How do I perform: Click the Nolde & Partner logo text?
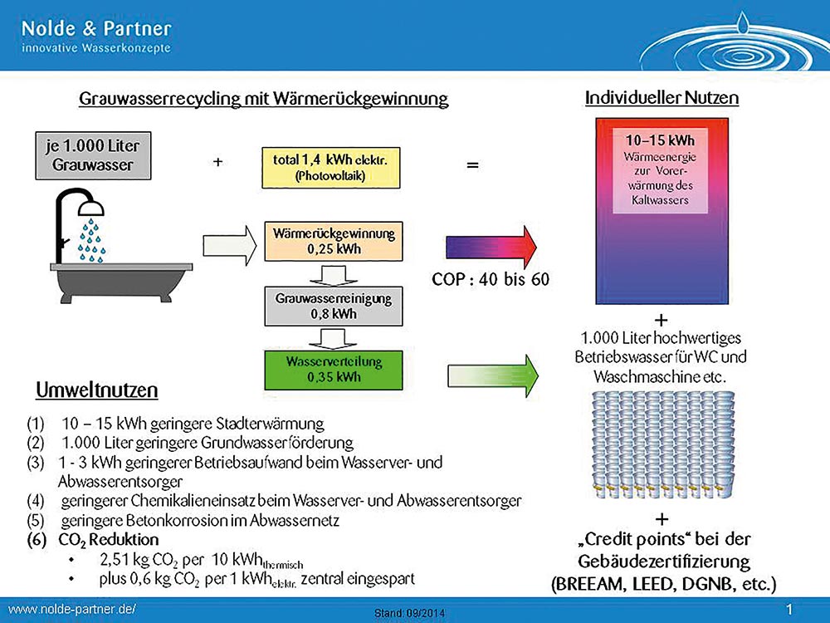pos(96,28)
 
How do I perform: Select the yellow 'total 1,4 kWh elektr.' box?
pos(331,168)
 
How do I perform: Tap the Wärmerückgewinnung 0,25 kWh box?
pos(334,241)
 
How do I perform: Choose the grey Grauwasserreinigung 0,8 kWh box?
pos(334,307)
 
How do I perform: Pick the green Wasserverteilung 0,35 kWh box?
pos(334,370)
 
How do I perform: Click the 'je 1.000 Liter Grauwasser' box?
pos(93,155)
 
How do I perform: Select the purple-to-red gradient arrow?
pos(491,247)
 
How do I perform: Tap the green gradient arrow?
pos(493,375)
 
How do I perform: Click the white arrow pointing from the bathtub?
pos(230,245)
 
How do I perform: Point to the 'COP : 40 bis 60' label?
pos(491,279)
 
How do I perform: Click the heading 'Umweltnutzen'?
pos(97,390)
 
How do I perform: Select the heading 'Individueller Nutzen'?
pos(662,98)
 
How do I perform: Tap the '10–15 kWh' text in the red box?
pos(660,140)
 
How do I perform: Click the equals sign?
pos(472,165)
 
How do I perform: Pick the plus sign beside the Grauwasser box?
pos(217,162)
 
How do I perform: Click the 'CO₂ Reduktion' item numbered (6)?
pos(109,540)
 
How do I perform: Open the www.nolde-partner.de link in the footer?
pos(72,609)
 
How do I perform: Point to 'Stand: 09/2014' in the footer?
pos(410,614)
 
